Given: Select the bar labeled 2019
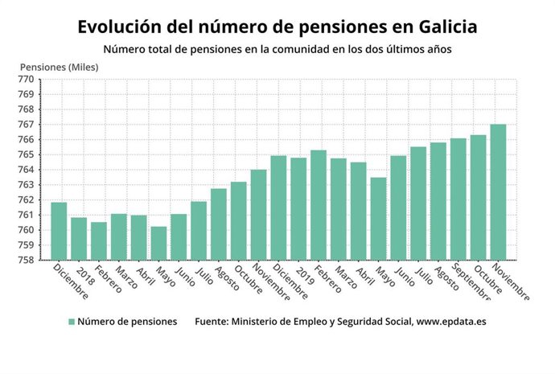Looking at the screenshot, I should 298,209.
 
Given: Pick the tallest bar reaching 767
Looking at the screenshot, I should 498,192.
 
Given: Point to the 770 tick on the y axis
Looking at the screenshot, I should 26,80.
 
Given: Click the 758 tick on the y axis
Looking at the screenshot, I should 26,260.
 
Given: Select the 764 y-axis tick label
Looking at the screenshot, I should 26,170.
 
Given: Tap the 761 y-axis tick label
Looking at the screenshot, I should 26,215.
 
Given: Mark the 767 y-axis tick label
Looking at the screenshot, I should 26,125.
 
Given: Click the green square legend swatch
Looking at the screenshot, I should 72,322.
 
